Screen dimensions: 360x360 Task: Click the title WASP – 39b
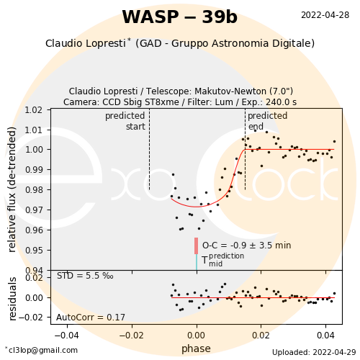coord(180,17)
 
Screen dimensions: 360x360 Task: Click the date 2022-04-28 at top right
coord(325,15)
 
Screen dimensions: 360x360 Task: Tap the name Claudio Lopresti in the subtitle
coord(86,43)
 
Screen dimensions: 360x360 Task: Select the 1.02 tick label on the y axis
coord(34,110)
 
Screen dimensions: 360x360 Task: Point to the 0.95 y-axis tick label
coord(34,251)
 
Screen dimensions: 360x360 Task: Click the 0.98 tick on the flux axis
coord(34,190)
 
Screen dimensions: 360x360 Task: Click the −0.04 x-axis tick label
coord(67,336)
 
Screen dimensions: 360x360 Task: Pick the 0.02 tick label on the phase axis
coord(261,336)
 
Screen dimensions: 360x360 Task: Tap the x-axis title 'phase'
coord(196,348)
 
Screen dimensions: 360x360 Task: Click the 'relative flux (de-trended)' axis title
coord(12,189)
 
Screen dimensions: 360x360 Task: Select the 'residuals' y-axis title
coord(12,299)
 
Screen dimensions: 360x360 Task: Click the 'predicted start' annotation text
coord(125,121)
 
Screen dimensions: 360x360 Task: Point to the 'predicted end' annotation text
coord(268,121)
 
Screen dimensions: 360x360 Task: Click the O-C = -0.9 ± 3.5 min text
coord(247,246)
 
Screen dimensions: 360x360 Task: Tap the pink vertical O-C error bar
coord(196,246)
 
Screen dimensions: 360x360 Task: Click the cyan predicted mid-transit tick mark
coord(197,262)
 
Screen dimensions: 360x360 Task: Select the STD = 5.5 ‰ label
coord(85,276)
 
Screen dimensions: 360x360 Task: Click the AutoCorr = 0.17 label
coord(91,318)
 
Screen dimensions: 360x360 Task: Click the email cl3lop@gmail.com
coord(42,350)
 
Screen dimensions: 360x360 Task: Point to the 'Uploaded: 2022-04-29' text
coord(314,352)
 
